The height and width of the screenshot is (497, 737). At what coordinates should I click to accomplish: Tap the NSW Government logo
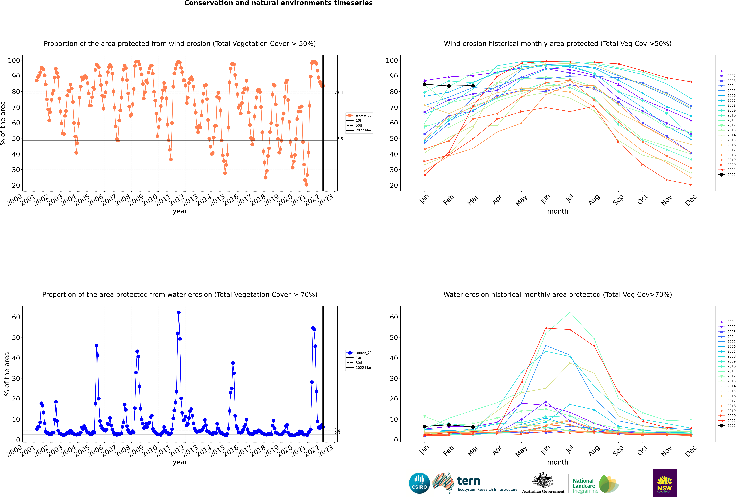click(x=664, y=483)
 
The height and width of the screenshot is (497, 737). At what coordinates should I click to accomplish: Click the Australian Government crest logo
click(x=543, y=483)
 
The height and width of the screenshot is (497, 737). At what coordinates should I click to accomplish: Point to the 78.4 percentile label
click(x=339, y=93)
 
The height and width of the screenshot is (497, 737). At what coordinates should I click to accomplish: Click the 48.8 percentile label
click(x=339, y=139)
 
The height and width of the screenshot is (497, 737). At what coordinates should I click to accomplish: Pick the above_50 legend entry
click(x=359, y=115)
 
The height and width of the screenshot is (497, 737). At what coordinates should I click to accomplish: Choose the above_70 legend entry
click(x=359, y=353)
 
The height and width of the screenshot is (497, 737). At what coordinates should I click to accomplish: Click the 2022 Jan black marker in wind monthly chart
click(x=425, y=84)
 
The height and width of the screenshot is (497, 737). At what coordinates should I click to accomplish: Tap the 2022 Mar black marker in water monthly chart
click(x=473, y=427)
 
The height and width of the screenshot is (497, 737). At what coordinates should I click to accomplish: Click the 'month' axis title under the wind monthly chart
click(x=558, y=211)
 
